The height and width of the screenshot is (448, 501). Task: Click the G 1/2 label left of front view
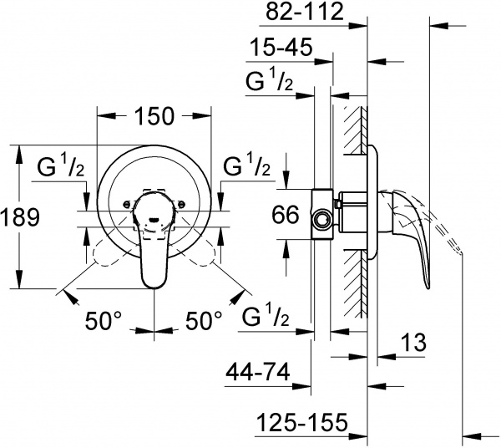61,166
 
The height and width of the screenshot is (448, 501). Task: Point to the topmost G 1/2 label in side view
270,83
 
